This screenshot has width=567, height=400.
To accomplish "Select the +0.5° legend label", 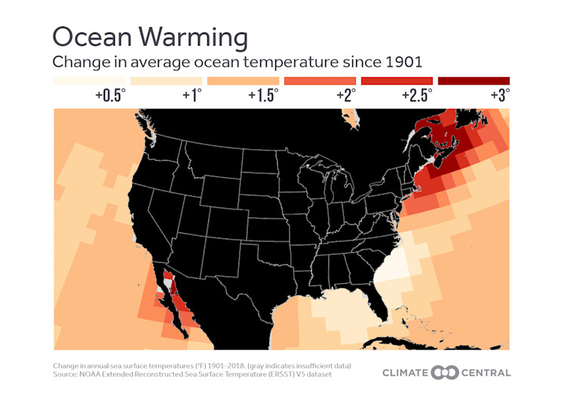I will click(110, 95).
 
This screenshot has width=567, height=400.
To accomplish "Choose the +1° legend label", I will click(192, 95).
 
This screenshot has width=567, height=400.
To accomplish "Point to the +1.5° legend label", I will click(263, 95).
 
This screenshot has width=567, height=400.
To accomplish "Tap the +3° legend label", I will click(498, 95).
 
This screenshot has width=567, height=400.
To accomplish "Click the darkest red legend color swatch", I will click(473, 80).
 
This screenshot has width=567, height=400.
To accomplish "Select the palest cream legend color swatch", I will click(90, 80).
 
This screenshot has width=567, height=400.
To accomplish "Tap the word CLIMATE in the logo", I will click(406, 372).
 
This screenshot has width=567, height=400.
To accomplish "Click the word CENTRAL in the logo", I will click(483, 372).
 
